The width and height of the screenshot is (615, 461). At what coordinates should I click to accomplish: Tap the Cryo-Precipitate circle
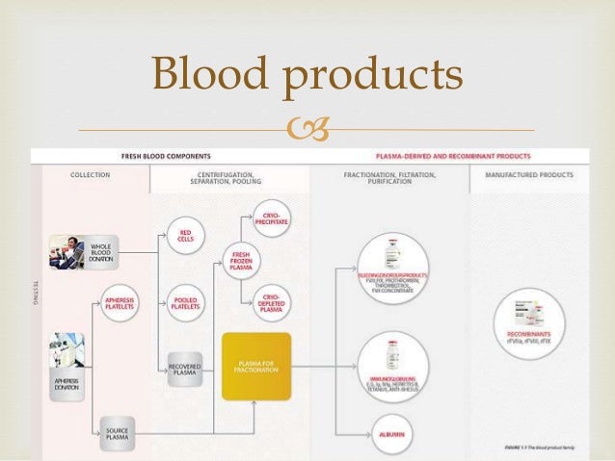click(x=270, y=215)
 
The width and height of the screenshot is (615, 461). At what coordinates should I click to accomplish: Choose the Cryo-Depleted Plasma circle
click(x=270, y=304)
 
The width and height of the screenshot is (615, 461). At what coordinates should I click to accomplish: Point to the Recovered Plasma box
click(x=185, y=371)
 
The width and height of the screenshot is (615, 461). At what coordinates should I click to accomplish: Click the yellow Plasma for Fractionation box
click(x=255, y=366)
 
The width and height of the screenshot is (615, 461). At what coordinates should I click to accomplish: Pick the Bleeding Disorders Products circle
click(x=391, y=270)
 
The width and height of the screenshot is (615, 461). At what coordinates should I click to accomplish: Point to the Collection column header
click(x=90, y=175)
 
